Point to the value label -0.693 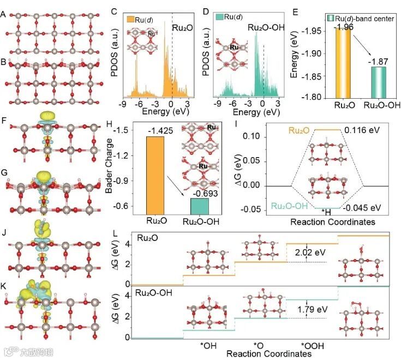[199, 193]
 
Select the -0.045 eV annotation [363, 207]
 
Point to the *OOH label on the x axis [313, 345]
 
